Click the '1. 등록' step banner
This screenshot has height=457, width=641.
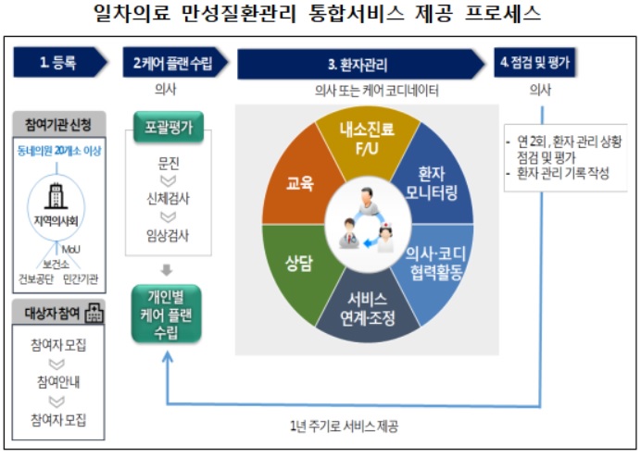[x=59, y=62]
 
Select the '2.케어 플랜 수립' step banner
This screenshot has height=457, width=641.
[x=175, y=62]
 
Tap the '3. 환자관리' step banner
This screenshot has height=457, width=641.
[x=359, y=64]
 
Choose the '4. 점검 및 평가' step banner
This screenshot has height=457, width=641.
[x=534, y=62]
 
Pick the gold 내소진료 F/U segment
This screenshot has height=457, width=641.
[x=367, y=139]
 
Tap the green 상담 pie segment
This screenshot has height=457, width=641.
[x=299, y=265]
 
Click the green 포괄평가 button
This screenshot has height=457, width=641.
[x=169, y=127]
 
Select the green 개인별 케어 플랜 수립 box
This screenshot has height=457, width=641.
[x=167, y=314]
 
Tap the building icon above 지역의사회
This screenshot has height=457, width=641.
[x=56, y=196]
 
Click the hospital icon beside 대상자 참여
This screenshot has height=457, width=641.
[x=94, y=314]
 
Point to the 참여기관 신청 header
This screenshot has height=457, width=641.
[x=59, y=124]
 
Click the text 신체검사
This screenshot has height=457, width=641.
[x=168, y=199]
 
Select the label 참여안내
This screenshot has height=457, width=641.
[x=58, y=382]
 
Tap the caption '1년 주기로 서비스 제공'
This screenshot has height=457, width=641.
[x=344, y=426]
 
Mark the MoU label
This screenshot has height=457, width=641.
[x=71, y=249]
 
